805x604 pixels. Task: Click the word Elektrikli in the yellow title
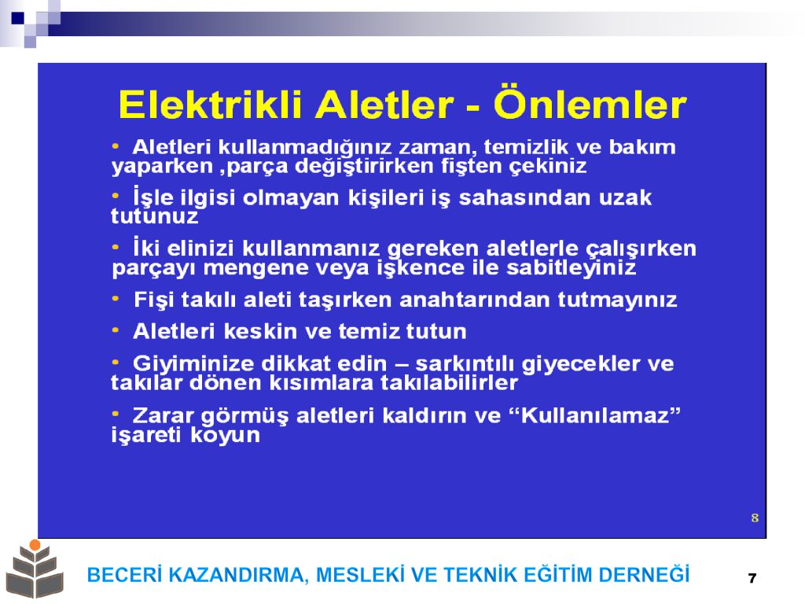[209, 105]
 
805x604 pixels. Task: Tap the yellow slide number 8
[755, 517]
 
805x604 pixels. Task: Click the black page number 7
[752, 578]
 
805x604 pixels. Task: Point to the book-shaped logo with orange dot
[35, 569]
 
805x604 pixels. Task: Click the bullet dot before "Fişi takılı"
[116, 298]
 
